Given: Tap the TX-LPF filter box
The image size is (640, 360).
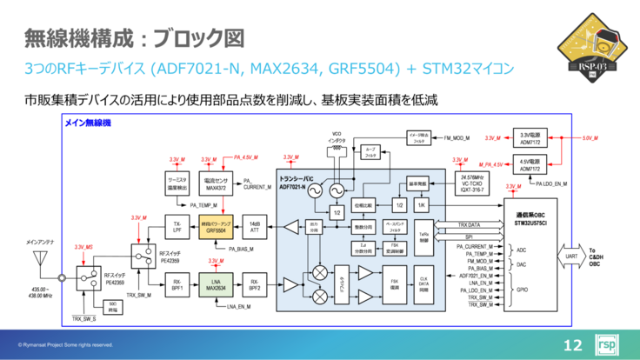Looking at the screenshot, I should point(177,228).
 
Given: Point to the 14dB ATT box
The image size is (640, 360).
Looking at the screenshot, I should point(255,228).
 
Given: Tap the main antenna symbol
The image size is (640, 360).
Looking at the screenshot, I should point(39,258).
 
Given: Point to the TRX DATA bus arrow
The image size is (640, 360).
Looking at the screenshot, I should point(474,225).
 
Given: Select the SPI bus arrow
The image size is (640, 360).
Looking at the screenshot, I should point(474,236).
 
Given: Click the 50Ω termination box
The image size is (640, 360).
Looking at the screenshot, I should point(111,306).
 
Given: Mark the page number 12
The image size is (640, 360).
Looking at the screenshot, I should point(573,343).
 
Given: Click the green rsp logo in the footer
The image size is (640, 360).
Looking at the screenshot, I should point(607,343).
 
